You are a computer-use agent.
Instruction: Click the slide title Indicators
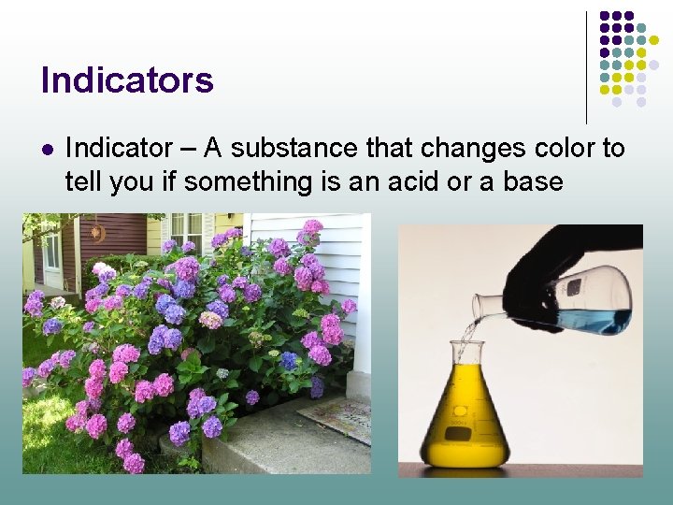(127, 79)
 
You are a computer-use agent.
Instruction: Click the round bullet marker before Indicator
(47, 149)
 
